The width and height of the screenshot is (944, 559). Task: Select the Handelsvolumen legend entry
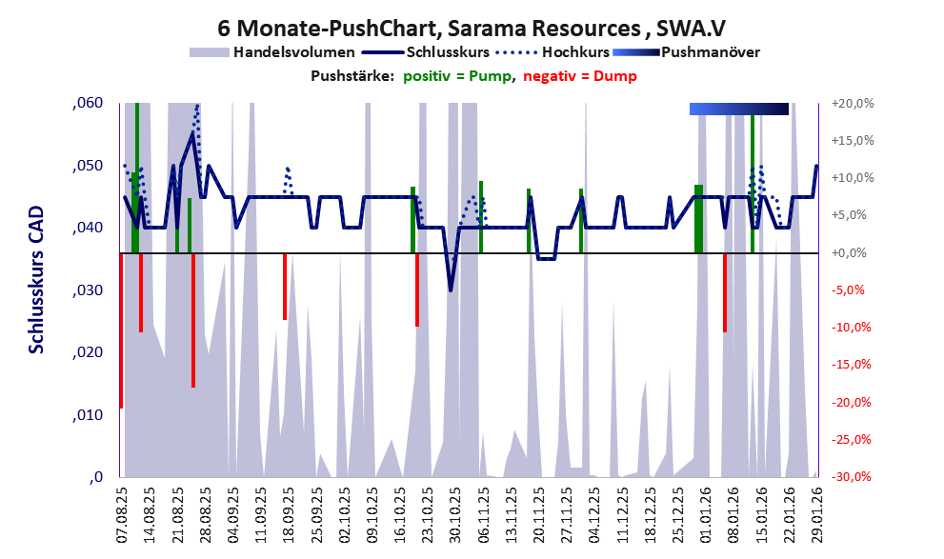[294, 52]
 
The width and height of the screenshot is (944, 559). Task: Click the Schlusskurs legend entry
[450, 52]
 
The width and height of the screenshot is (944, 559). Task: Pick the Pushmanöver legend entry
[709, 52]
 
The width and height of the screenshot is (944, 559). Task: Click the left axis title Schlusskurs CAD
[36, 290]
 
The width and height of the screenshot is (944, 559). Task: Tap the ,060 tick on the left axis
[89, 104]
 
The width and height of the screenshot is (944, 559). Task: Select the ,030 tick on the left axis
[89, 290]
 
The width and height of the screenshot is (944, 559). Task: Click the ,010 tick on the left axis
[89, 415]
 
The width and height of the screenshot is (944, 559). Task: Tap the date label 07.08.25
[123, 515]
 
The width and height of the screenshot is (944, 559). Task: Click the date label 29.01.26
[816, 515]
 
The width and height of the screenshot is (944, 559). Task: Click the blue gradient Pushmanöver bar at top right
[738, 110]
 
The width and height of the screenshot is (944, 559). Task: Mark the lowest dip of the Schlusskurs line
[451, 289]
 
